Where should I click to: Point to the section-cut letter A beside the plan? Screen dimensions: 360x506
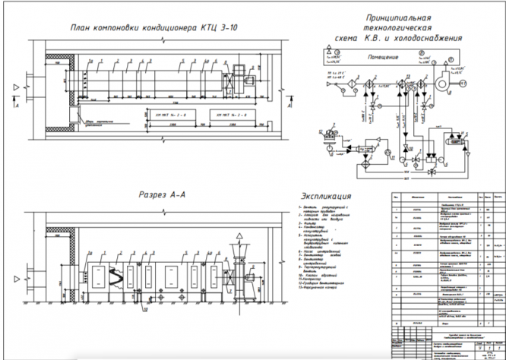click(14, 106)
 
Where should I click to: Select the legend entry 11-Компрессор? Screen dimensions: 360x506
click(312, 279)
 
